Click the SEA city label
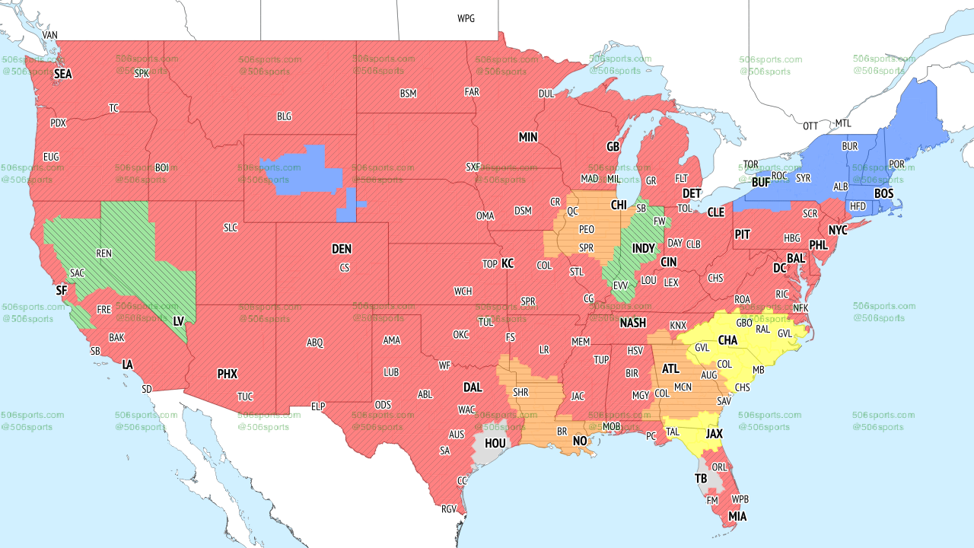click(x=62, y=74)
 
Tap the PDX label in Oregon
click(x=58, y=123)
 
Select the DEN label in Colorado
click(x=342, y=249)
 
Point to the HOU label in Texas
click(x=495, y=442)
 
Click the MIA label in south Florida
click(x=737, y=517)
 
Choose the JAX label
click(x=714, y=433)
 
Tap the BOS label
click(x=883, y=194)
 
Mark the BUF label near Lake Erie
click(x=760, y=183)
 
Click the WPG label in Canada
click(x=466, y=18)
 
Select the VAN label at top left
click(x=50, y=35)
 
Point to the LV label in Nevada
click(x=179, y=321)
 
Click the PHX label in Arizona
click(x=227, y=374)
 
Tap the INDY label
click(x=643, y=248)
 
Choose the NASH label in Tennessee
click(x=632, y=323)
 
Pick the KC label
click(x=508, y=263)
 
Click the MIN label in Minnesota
click(x=528, y=138)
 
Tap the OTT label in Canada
click(x=810, y=126)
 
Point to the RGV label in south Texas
click(x=449, y=509)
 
